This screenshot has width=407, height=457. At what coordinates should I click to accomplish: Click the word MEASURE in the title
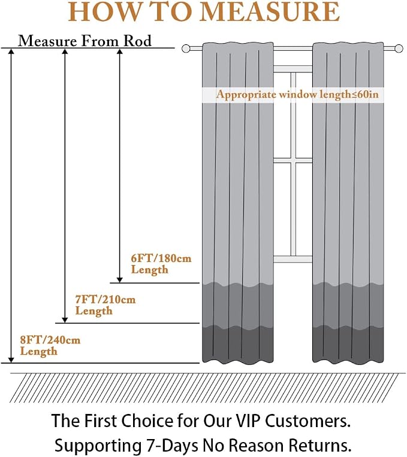tap(270, 11)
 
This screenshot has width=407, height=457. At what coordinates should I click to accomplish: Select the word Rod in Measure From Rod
tap(137, 41)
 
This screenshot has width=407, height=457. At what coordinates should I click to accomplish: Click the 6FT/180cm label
tap(161, 258)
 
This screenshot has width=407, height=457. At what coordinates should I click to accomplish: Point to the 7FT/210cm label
tap(105, 299)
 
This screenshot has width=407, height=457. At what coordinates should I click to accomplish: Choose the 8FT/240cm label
tap(50, 340)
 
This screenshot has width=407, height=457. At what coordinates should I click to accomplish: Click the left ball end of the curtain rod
tap(186, 48)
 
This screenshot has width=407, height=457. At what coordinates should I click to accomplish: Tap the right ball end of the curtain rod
tap(399, 48)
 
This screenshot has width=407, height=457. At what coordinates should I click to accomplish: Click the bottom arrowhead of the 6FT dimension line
tap(119, 280)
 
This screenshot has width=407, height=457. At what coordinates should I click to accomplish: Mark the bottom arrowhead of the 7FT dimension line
tap(65, 320)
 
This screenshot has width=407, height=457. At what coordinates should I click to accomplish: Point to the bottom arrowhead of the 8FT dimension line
tap(11, 360)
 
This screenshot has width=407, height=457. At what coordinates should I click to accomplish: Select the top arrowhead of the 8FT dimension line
tap(11, 51)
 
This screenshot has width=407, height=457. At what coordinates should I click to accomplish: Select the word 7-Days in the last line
tap(170, 446)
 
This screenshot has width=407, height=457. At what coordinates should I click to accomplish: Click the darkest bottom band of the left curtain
tap(238, 344)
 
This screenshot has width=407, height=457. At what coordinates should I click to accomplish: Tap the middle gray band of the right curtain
tap(348, 305)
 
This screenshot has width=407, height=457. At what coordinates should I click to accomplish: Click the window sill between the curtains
tap(293, 259)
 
